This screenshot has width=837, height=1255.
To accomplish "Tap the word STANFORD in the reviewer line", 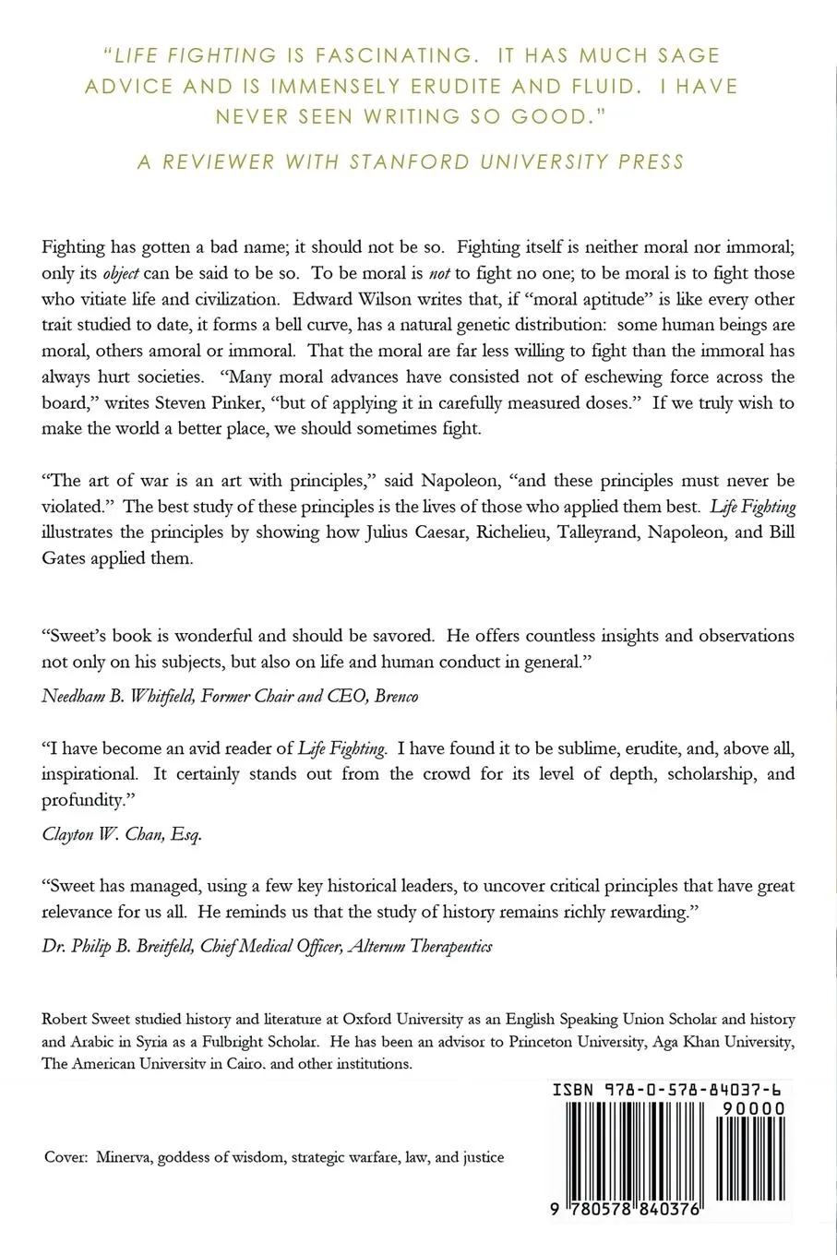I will tap(410, 162).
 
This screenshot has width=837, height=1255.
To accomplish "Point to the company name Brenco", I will tap(396, 696).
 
